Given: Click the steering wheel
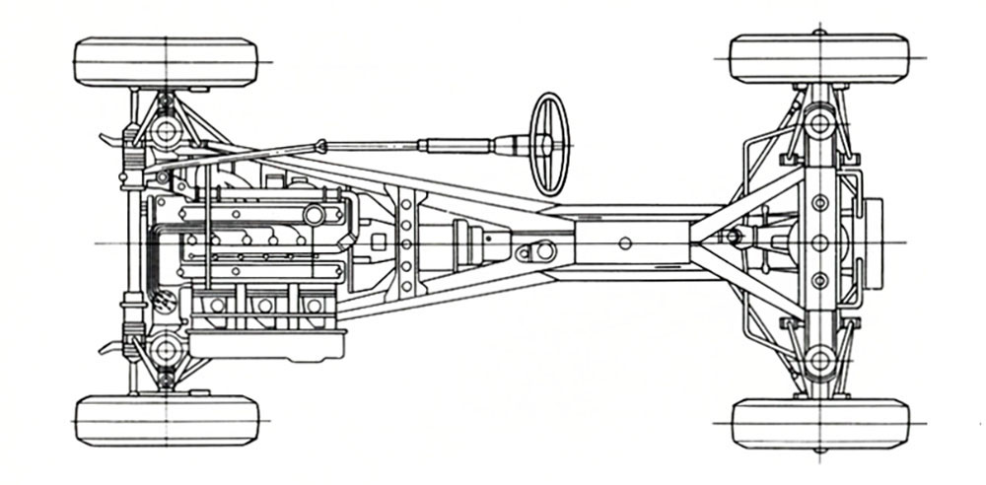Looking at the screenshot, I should tap(550, 143).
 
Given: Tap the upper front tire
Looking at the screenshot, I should tap(166, 62).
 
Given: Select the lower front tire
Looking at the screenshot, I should tap(167, 420).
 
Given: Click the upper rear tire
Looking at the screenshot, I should tap(819, 59).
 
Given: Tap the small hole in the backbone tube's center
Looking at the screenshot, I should tap(625, 242).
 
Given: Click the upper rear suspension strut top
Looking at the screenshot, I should tap(818, 122).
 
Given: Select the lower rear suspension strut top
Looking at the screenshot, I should tap(818, 361).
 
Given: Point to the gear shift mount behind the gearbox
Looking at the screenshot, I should tap(538, 251).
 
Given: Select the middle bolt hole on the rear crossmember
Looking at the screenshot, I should tap(819, 242).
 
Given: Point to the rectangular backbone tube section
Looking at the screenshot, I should tap(631, 242).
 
